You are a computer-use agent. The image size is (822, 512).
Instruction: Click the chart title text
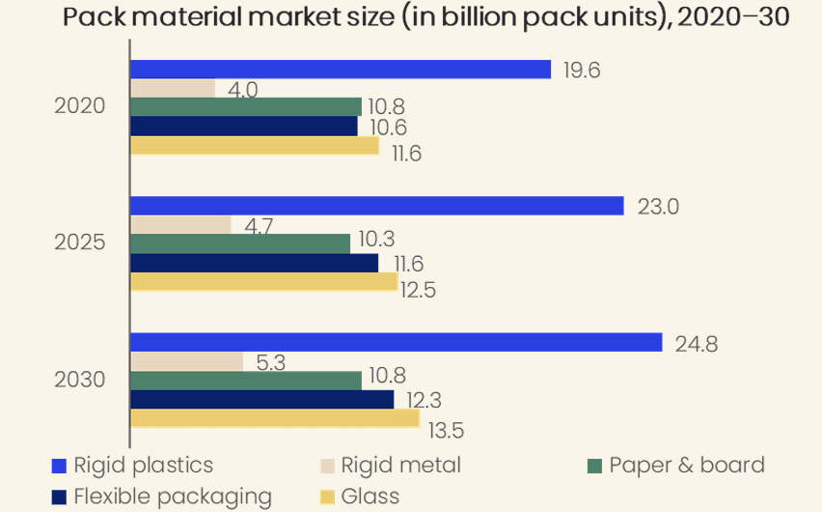[x=425, y=16]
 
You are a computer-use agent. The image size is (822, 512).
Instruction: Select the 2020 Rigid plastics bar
[x=341, y=70]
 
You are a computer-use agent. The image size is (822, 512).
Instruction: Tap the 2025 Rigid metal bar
[x=180, y=225]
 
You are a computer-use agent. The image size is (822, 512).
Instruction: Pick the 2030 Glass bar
[x=275, y=418]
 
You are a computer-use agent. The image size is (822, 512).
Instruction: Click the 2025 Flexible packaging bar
[x=255, y=263]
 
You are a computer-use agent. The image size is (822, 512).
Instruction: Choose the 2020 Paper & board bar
[x=246, y=106]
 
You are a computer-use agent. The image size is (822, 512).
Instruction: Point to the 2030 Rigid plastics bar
[x=397, y=342]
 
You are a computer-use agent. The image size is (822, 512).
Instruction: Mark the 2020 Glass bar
[x=255, y=146]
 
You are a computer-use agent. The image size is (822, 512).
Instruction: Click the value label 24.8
[x=697, y=345]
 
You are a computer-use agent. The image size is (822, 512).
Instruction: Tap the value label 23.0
[x=658, y=207]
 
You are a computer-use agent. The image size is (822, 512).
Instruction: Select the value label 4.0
[x=243, y=90]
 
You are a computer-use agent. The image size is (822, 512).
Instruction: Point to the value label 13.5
[x=446, y=431]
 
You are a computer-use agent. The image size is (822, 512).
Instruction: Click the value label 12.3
[x=425, y=400]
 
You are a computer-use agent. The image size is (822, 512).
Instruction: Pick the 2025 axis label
[x=80, y=242]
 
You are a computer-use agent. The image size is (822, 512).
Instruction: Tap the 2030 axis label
[x=80, y=380]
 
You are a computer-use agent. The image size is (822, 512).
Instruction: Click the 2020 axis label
[x=80, y=106]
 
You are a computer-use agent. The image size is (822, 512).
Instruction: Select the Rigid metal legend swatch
[x=328, y=466]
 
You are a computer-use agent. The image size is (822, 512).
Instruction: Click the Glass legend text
[x=370, y=497]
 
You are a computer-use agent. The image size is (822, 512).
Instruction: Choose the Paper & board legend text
[x=687, y=466]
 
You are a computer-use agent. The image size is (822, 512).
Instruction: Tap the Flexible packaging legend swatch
[x=59, y=497]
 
